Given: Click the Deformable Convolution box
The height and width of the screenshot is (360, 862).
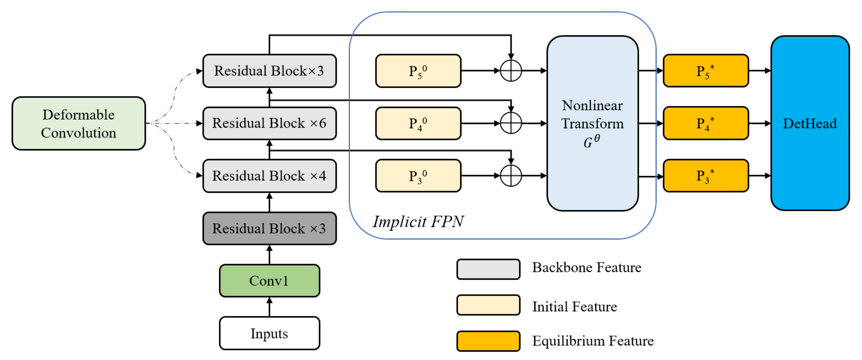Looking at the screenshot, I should [79, 123].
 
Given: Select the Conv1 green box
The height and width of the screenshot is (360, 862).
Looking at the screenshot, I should [269, 281].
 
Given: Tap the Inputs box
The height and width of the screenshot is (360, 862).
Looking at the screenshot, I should [269, 333].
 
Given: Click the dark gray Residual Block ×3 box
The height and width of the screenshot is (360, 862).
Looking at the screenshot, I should [269, 228].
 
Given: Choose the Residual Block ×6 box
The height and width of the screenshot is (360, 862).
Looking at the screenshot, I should [269, 123].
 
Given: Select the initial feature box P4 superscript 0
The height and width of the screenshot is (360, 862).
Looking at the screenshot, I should [418, 123].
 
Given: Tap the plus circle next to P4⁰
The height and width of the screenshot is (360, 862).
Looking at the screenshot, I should [511, 123].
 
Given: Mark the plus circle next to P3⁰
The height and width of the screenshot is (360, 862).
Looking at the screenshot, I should [511, 176].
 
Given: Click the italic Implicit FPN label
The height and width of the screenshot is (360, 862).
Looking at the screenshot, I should [418, 222].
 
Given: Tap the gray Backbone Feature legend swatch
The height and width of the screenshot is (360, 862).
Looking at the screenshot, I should [488, 269].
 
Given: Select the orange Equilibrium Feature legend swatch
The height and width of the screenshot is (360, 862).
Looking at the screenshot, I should [488, 341].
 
